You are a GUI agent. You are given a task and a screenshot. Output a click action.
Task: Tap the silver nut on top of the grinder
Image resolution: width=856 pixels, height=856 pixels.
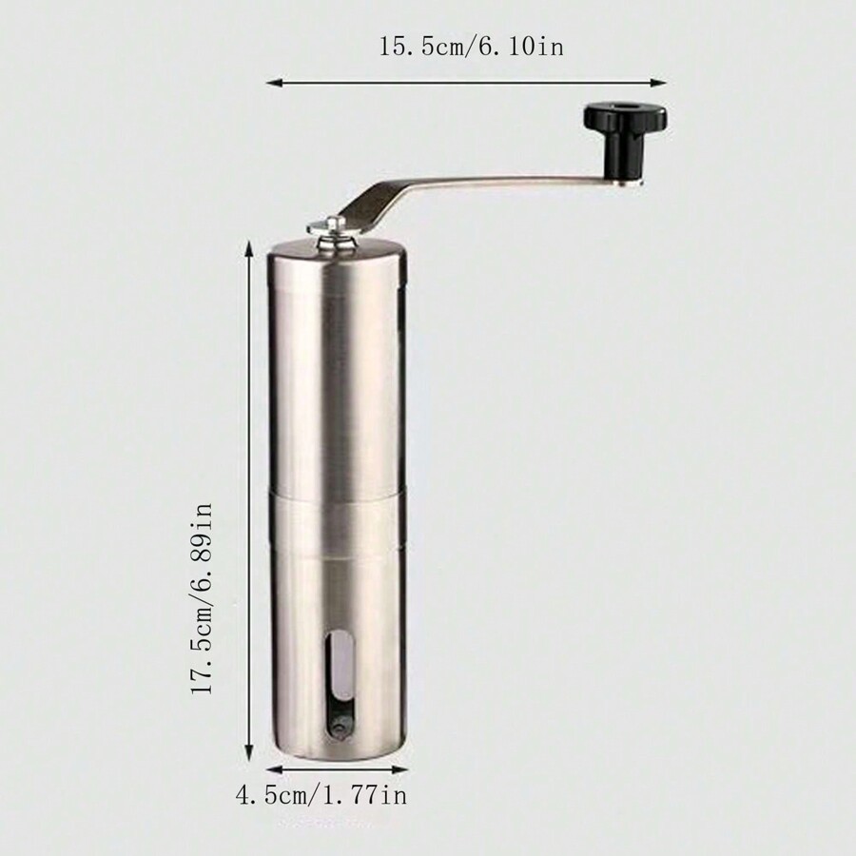point(330,228)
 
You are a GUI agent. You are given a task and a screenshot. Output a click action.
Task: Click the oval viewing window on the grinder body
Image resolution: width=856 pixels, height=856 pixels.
point(338,685)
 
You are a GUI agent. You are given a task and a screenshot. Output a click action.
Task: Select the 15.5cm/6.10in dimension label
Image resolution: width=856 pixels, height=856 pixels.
point(471,47)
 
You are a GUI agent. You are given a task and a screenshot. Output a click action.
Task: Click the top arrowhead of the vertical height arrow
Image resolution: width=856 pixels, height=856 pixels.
point(250,246)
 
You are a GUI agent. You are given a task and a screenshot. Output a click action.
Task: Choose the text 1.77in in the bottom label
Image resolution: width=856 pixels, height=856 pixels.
point(365,794)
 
